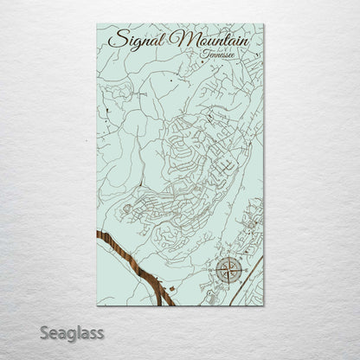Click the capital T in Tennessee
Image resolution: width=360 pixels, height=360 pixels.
[202, 53]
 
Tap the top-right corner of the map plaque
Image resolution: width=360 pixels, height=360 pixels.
[265, 25]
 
